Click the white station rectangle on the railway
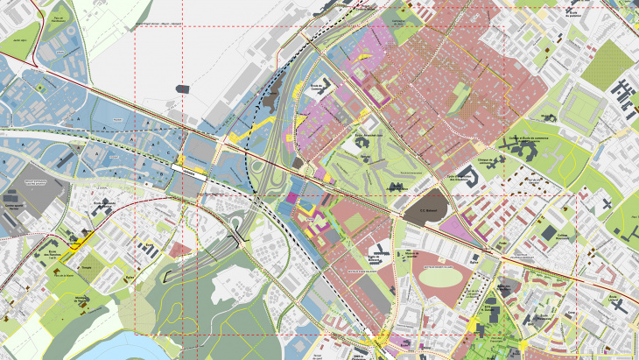click(190, 166)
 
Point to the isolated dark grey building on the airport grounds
click(182, 88)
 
